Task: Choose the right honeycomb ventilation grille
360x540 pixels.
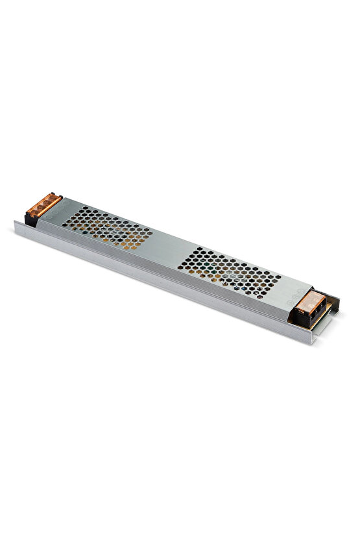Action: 230,267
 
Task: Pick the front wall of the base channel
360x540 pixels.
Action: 162,279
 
